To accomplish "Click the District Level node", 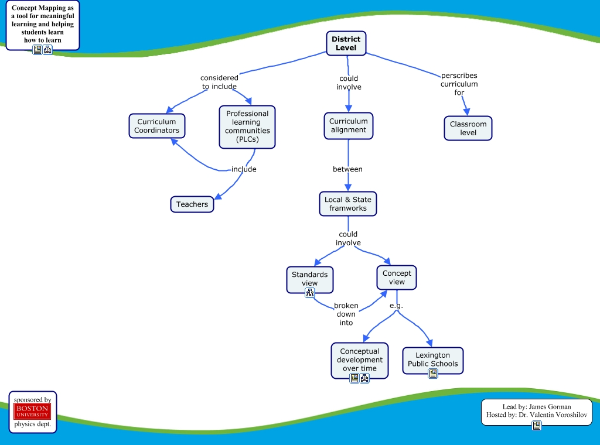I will point(346,43).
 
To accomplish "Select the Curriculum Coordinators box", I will point(156,126).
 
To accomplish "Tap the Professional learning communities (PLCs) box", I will point(247,126).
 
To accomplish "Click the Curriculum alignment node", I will point(348,126).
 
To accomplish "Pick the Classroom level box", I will point(468,128).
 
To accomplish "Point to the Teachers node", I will point(192,204).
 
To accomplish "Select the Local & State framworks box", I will point(348,204).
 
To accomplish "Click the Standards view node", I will point(309,279).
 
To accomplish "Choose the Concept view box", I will point(397,278).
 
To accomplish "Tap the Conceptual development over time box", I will point(359,360).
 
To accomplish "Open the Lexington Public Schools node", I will point(432,360).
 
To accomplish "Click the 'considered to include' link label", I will point(219,82).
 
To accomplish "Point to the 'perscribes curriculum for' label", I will point(459,84).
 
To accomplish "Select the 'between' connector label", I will point(347,169).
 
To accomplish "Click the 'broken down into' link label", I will point(346,314).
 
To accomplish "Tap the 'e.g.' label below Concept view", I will point(397,306).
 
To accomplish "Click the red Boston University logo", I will point(32,411).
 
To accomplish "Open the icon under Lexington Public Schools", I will point(433,373).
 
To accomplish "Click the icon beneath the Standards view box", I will point(310,293).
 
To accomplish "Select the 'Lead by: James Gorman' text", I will point(537,406).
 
